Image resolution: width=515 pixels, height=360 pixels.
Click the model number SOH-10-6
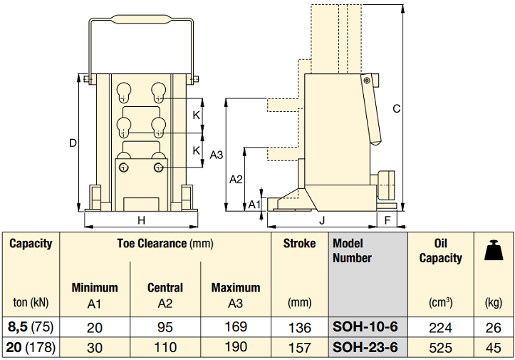click(365, 326)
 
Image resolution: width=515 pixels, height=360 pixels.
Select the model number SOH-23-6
click(365, 347)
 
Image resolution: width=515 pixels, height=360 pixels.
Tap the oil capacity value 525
click(440, 348)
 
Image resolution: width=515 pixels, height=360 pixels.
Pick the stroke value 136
click(300, 327)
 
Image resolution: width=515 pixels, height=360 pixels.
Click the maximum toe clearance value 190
click(236, 347)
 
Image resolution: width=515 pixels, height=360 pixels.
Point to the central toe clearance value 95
click(165, 327)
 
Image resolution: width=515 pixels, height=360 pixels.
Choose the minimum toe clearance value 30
click(95, 348)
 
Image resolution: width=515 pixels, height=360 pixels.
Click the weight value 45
click(494, 348)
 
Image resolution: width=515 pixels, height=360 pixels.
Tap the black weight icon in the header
click(494, 250)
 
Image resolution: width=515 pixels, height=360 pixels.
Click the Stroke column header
click(300, 244)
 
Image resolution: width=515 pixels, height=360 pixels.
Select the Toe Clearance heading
click(152, 244)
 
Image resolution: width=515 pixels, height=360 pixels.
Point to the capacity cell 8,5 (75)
click(31, 326)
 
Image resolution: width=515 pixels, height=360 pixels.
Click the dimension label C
click(397, 108)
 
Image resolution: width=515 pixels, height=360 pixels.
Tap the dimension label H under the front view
click(141, 220)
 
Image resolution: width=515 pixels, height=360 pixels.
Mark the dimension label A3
click(216, 155)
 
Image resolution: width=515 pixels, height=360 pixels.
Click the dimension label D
click(73, 143)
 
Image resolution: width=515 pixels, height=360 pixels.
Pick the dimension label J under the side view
click(322, 220)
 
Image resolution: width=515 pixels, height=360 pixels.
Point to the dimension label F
click(387, 220)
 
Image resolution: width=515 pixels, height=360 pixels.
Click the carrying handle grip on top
click(141, 19)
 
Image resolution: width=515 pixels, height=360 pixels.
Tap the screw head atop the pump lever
click(367, 80)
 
